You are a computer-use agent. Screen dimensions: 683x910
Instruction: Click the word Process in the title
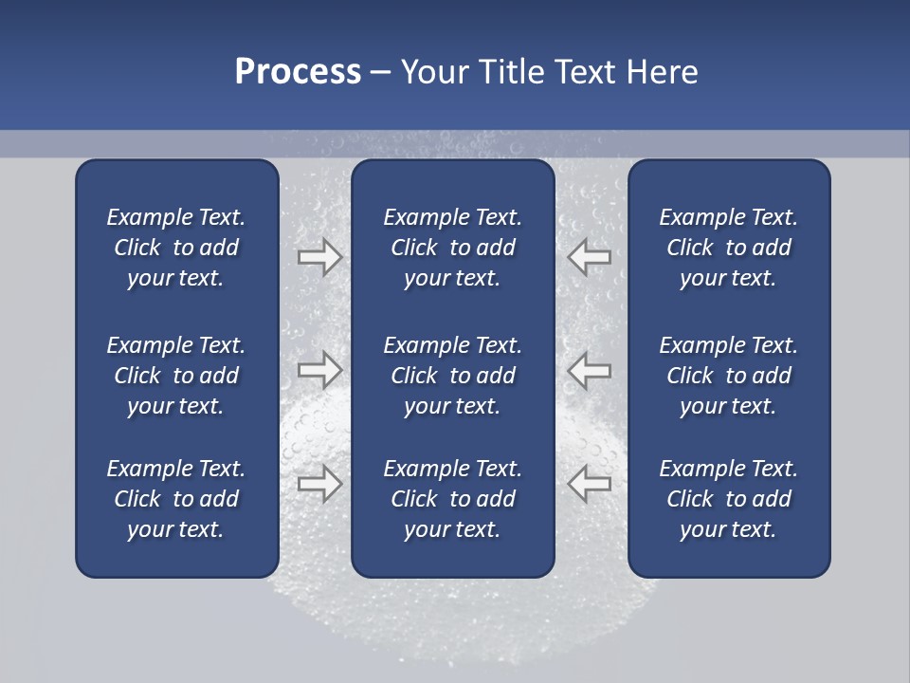point(298,72)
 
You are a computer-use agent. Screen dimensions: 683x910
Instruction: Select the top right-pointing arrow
point(319,257)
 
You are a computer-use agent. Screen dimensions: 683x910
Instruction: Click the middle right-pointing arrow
point(319,369)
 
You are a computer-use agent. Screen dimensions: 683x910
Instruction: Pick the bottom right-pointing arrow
point(319,483)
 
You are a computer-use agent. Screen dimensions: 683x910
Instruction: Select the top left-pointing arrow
point(590,257)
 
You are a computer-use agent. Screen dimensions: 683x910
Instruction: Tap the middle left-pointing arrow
point(590,369)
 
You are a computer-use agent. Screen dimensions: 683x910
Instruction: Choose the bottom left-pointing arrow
point(590,483)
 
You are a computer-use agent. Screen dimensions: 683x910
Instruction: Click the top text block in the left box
point(176,248)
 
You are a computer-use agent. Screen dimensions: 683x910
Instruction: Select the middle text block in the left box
point(176,376)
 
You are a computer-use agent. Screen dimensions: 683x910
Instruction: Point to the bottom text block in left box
point(176,499)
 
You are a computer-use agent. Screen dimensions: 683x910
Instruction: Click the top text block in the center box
point(452,248)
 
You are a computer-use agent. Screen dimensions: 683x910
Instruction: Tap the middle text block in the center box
point(452,376)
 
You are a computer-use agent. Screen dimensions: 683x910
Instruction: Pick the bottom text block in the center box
point(452,499)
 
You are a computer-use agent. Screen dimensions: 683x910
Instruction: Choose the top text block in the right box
point(728,248)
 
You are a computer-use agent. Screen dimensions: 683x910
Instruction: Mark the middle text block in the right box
point(728,376)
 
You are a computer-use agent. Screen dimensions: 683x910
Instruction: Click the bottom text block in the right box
point(728,499)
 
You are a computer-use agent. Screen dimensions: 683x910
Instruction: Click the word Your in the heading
point(432,72)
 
